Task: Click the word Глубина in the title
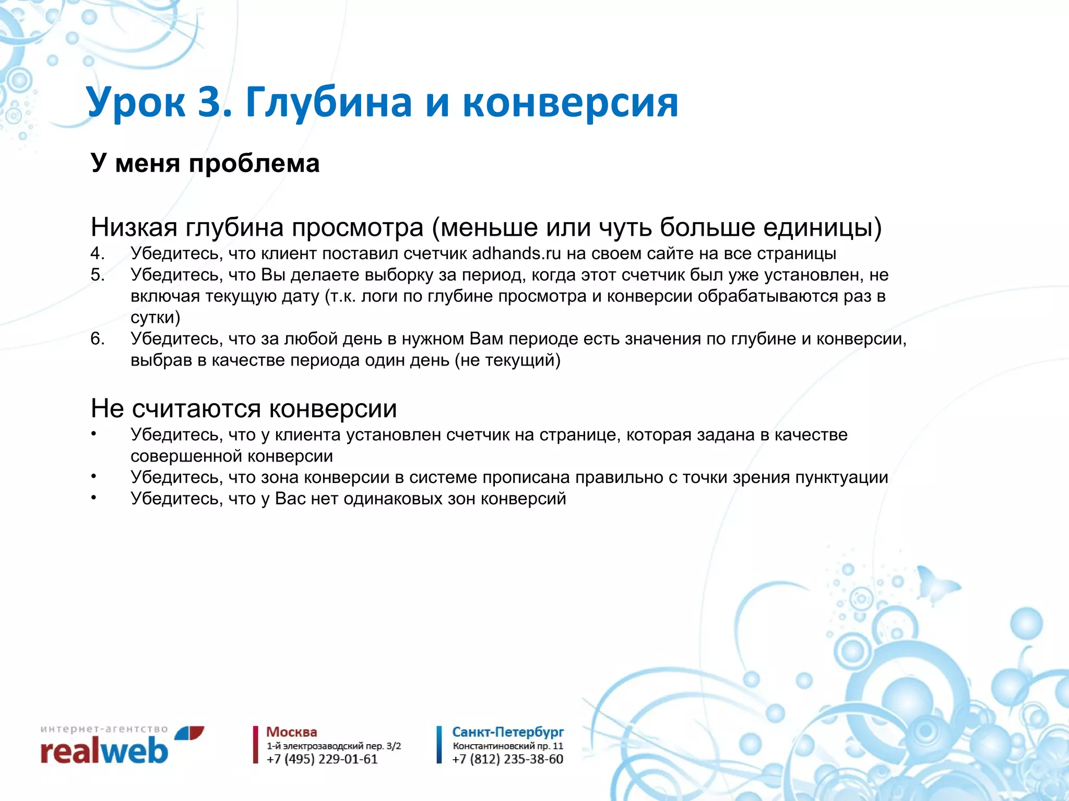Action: (329, 103)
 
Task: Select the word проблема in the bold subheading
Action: (254, 163)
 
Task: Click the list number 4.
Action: (98, 253)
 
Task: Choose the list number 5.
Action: (98, 275)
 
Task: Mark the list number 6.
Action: (98, 339)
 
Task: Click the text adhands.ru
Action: (516, 253)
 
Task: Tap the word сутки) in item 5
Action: (156, 318)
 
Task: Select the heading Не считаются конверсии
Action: (244, 408)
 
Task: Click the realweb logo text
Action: (104, 752)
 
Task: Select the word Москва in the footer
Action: (291, 732)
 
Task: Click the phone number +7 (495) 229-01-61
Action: (322, 759)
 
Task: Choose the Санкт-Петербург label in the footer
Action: (507, 732)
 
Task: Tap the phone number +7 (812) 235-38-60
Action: (507, 759)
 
